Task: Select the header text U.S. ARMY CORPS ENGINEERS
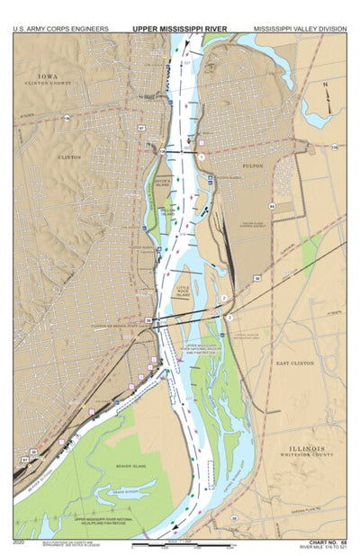point(60,29)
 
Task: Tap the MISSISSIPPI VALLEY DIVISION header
point(300,29)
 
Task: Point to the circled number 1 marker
point(202,157)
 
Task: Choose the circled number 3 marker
point(229,318)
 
